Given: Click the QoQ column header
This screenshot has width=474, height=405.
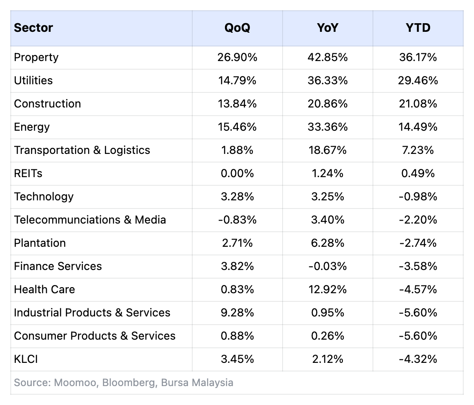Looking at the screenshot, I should point(237,28).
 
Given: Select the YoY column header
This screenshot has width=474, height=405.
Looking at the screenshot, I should point(327,28).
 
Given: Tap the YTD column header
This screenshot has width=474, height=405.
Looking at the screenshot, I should point(418,28).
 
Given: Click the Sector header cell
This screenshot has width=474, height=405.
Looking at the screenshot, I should point(34,28).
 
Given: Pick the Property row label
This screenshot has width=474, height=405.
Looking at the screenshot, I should point(36,58).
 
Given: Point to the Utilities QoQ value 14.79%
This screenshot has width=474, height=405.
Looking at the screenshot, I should point(237,81).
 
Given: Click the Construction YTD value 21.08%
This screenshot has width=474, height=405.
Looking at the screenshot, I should point(418,104).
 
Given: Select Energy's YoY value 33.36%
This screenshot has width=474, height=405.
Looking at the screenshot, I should point(327,127).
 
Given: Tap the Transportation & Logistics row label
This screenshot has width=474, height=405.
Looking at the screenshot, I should point(82,150).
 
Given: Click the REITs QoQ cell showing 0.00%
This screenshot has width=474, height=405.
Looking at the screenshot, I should point(237,174).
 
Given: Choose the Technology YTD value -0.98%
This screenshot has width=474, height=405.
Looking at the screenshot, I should point(418,197).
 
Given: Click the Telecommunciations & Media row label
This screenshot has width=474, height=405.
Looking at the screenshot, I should point(90,220).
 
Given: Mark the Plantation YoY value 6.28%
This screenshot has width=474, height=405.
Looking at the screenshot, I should point(327,243).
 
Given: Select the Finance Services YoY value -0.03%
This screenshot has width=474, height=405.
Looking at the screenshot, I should point(327,267).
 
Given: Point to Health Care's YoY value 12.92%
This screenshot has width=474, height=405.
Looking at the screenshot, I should point(327,290).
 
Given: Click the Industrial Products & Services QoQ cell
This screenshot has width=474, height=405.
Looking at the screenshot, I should point(237,313).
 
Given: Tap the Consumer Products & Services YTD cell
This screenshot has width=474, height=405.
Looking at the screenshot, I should point(418,336).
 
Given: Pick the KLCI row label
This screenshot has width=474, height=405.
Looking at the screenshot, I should point(26,359).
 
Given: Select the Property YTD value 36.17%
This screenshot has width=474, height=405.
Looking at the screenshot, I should point(418,58).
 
